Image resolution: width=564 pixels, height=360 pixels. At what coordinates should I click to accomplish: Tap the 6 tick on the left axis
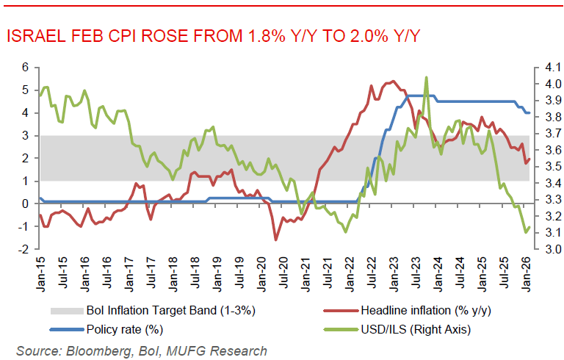(25, 67)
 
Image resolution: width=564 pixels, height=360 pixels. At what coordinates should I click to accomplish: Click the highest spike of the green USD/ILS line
(427, 77)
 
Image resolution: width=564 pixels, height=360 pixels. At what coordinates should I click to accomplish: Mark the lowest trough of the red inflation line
(275, 240)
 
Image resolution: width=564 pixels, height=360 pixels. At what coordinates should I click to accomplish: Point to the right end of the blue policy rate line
(529, 112)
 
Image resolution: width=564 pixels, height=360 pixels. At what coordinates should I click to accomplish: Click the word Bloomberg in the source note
(93, 350)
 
